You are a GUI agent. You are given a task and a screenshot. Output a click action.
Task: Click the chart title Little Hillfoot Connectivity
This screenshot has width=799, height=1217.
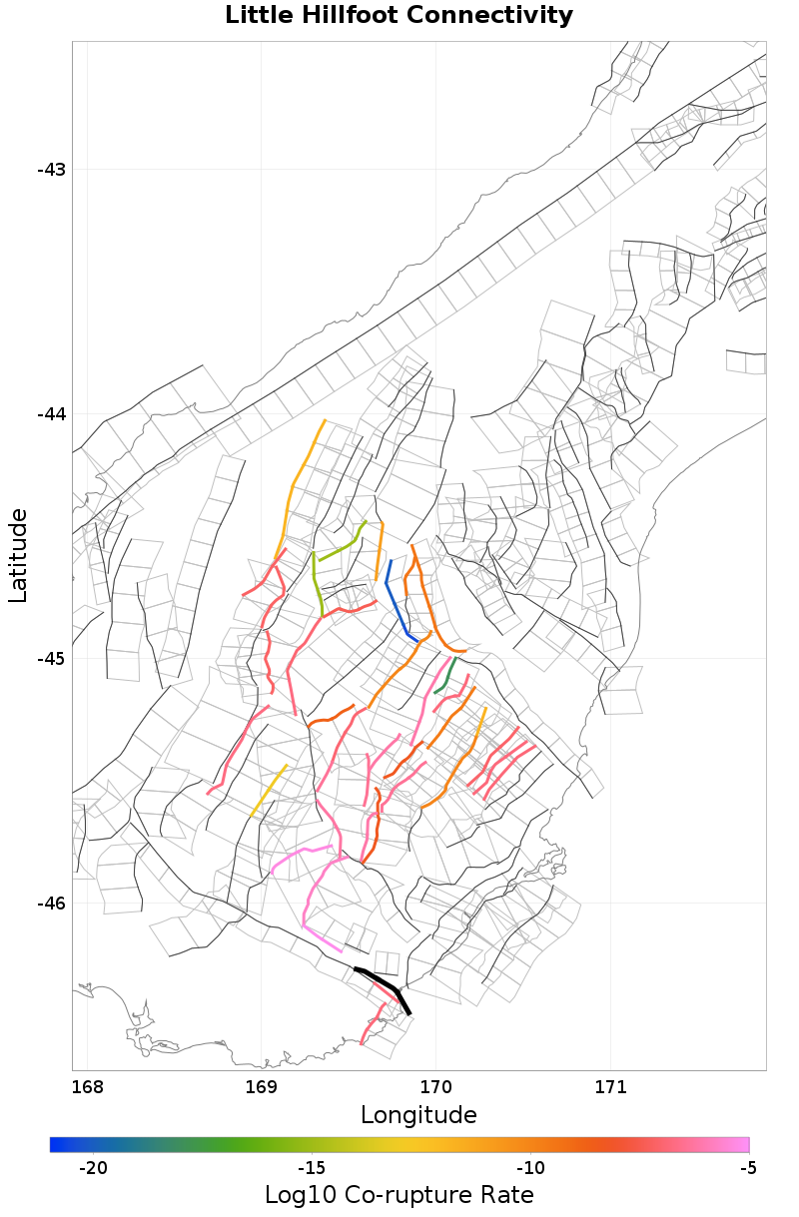point(399,16)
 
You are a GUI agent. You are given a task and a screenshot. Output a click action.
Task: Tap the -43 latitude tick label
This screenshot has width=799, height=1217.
point(51,170)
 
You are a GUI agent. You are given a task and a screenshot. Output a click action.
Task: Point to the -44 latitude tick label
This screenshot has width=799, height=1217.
point(51,414)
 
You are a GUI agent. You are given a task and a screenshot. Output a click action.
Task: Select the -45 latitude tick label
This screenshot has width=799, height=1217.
point(51,659)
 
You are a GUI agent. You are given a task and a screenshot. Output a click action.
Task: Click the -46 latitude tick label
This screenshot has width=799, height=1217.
point(51,904)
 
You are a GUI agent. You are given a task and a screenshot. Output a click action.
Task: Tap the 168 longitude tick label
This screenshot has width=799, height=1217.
point(88,1086)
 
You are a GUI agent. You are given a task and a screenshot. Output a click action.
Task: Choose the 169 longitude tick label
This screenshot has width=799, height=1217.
point(262,1086)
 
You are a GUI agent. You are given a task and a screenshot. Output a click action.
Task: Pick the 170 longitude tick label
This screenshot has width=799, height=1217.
point(436,1086)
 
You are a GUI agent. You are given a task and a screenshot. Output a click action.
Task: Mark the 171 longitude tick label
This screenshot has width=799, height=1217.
point(610,1086)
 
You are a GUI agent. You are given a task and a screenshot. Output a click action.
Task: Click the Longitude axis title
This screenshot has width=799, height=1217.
point(418,1115)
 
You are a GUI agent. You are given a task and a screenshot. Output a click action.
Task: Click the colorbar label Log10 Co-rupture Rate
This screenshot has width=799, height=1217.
point(399,1195)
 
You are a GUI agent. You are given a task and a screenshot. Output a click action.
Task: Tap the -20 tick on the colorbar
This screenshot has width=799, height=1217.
point(93,1168)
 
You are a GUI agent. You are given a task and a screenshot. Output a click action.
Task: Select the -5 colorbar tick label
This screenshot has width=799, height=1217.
point(747,1168)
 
